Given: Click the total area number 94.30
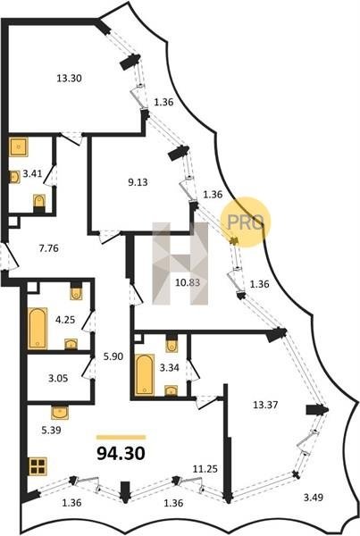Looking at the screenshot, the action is click(x=121, y=454).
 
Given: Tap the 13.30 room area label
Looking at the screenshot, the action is click(x=69, y=79).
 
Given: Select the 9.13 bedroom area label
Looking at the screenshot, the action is click(x=138, y=182).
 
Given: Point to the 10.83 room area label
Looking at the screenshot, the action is click(x=188, y=282).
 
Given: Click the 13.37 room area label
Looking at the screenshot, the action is click(x=265, y=405).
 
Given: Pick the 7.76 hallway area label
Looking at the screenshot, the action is click(x=49, y=248).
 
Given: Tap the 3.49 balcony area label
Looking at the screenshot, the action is click(x=314, y=497).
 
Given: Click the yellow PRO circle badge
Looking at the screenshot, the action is click(x=246, y=222).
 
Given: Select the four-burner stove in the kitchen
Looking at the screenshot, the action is click(x=38, y=466).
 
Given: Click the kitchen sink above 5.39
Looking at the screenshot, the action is click(x=60, y=413).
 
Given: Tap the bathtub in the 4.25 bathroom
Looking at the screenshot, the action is click(x=38, y=329).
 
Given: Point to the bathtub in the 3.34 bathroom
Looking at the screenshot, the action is click(x=145, y=375).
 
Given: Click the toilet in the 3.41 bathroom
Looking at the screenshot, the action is click(x=39, y=203).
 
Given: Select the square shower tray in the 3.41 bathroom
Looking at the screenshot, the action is click(x=19, y=147).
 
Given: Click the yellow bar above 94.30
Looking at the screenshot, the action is click(x=121, y=437).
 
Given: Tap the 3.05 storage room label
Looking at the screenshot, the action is click(x=58, y=379).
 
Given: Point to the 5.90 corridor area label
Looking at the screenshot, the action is click(x=113, y=356).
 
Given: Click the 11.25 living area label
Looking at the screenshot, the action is click(x=205, y=469).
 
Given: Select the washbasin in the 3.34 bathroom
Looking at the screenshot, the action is click(x=171, y=390).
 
